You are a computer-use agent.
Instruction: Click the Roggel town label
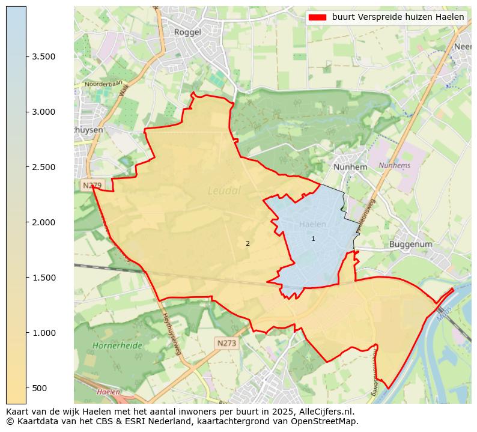[187, 32]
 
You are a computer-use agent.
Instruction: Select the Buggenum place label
[411, 245]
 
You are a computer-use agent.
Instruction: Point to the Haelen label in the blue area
[312, 224]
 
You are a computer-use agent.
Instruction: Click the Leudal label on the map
[224, 190]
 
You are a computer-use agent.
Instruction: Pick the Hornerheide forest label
[118, 346]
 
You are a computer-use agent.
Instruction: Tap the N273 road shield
[226, 342]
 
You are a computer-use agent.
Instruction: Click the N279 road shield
[89, 186]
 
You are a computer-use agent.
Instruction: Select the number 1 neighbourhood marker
[313, 239]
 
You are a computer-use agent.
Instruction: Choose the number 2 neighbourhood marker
[248, 243]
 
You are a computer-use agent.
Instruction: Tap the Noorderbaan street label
[103, 84]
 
